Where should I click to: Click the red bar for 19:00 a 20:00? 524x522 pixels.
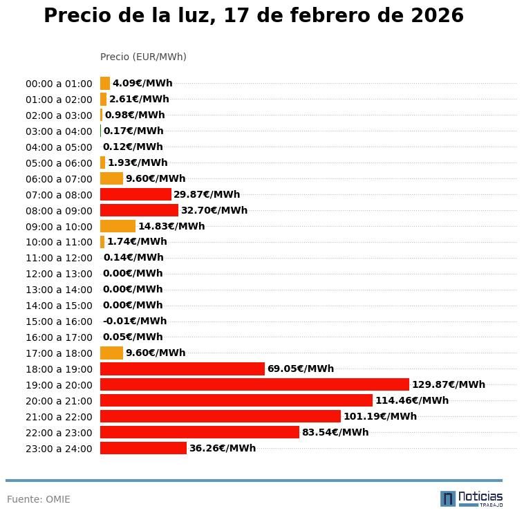(254, 384)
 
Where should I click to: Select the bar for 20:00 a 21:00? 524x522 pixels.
(236, 400)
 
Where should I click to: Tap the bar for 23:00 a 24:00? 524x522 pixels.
(143, 448)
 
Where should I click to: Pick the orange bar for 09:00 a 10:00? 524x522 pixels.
(118, 226)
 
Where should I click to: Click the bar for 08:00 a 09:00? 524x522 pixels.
(139, 210)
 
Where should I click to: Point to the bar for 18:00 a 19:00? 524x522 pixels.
(183, 369)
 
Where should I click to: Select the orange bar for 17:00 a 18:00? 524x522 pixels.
(111, 353)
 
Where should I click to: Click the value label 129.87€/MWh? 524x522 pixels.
(448, 384)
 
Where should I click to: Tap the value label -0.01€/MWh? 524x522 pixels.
(135, 321)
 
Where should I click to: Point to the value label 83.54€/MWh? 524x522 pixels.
(335, 432)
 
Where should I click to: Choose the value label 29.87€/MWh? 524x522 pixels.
(207, 194)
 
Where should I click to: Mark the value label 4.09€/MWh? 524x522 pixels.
(142, 83)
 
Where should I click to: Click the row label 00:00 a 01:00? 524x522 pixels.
(59, 84)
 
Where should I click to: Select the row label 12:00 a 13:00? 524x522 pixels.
(59, 274)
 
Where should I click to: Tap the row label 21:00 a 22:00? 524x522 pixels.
(59, 417)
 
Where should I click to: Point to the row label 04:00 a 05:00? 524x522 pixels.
(59, 147)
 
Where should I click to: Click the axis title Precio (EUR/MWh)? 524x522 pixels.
(143, 57)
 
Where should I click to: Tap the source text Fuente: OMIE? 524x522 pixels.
(39, 499)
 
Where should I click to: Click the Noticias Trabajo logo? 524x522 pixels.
(471, 498)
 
